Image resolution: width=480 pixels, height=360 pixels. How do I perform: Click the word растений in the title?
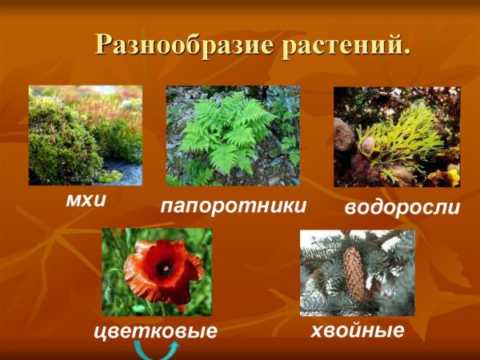click(x=340, y=45)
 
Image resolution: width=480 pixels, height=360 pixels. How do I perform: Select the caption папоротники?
click(x=234, y=206)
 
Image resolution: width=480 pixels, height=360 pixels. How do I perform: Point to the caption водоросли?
click(x=402, y=208)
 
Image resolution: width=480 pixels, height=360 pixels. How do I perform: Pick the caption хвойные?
click(x=358, y=329)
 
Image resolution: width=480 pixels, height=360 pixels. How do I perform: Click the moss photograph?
click(x=86, y=135)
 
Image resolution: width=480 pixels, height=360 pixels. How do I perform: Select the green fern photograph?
click(x=233, y=136)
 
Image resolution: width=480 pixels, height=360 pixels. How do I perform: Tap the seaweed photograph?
click(x=397, y=137)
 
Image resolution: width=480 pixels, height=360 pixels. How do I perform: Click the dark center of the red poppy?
click(x=164, y=269)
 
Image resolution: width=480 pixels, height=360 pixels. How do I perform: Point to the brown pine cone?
click(x=354, y=274)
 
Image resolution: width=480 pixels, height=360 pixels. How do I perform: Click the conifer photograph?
click(x=357, y=273)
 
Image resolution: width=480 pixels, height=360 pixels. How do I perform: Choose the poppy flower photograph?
click(x=157, y=271)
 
